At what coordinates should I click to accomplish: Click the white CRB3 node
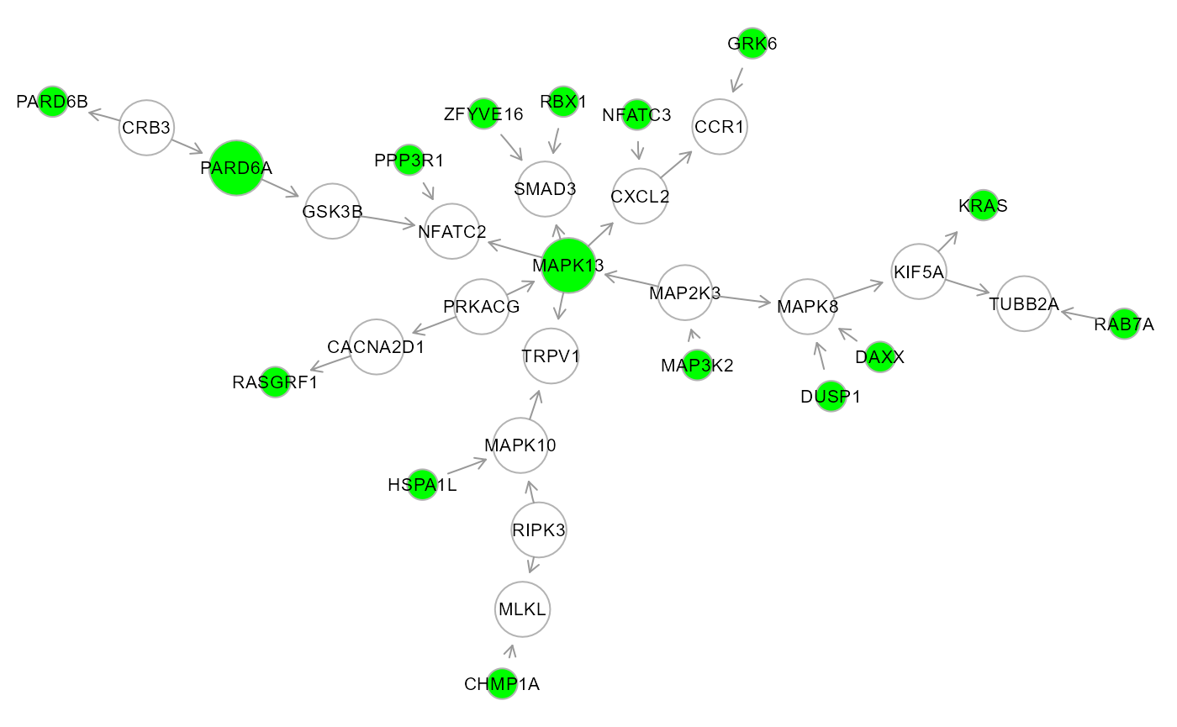click(145, 128)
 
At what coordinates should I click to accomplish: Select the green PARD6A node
click(236, 168)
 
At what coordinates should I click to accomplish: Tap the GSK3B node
click(332, 211)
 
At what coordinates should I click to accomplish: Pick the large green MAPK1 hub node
click(569, 266)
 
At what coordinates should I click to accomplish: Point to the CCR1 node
click(720, 127)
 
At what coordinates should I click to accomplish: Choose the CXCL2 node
click(641, 197)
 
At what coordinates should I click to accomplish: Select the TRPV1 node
click(551, 356)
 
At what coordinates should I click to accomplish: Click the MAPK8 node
click(807, 306)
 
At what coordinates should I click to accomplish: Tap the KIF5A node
click(919, 271)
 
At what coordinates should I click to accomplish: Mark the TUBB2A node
click(1024, 303)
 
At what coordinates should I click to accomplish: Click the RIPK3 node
click(539, 529)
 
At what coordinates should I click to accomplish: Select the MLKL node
click(522, 609)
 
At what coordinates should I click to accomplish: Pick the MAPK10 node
click(521, 445)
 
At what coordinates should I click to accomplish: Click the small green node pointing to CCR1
click(752, 44)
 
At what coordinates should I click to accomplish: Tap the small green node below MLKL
click(502, 684)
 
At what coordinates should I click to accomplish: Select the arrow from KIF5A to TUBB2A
click(969, 287)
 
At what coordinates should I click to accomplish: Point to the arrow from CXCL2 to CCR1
click(676, 165)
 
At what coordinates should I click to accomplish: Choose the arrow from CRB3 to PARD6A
click(187, 146)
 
